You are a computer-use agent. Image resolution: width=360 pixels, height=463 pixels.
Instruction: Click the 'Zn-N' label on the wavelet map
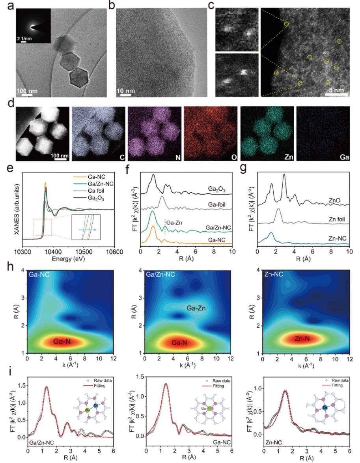pos(301,338)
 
